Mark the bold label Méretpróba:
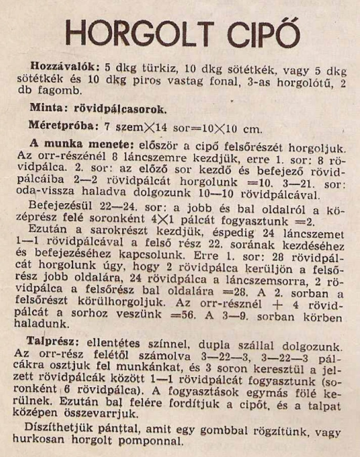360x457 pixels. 63,126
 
